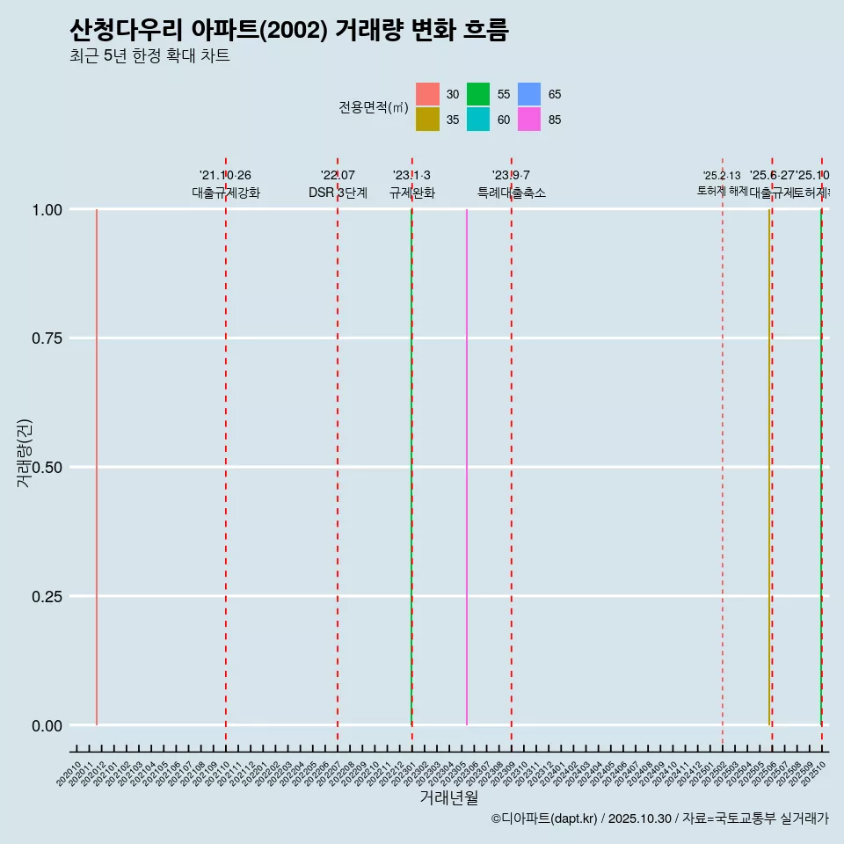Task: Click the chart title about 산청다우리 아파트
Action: (288, 31)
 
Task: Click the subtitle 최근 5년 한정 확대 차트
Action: (149, 57)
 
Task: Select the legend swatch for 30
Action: (427, 94)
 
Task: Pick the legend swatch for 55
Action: (478, 94)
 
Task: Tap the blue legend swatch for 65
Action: (529, 94)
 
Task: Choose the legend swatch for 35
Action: (427, 120)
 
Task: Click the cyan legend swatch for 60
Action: (478, 120)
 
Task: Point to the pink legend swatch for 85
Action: (529, 120)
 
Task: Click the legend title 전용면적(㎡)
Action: (374, 107)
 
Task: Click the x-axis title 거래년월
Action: (448, 797)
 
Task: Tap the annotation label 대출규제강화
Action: (226, 193)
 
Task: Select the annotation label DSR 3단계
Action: (338, 193)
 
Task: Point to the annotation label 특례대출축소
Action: (512, 193)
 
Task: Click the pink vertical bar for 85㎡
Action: (467, 466)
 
